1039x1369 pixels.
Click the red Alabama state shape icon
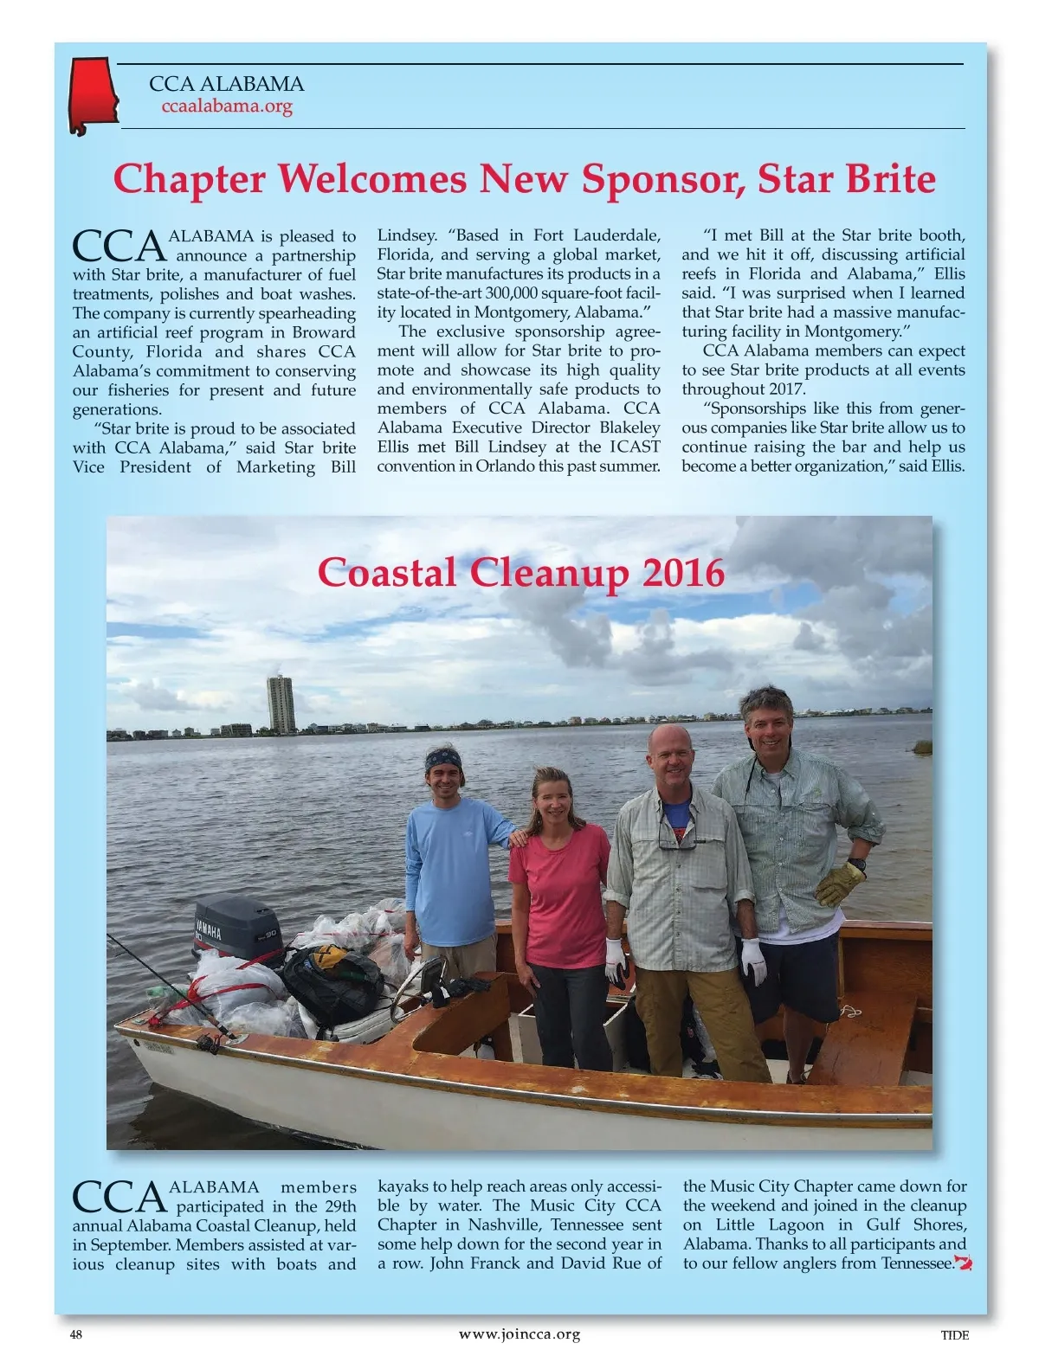click(x=92, y=93)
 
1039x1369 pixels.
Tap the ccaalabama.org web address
click(x=227, y=106)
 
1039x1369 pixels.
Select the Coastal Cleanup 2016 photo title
click(x=520, y=572)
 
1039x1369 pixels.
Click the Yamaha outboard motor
click(x=236, y=927)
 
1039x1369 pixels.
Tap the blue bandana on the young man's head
click(x=442, y=761)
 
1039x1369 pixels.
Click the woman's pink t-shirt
click(x=560, y=892)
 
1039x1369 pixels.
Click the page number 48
click(x=76, y=1334)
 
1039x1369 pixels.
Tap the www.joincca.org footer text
click(x=519, y=1334)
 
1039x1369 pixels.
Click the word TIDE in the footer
click(x=954, y=1334)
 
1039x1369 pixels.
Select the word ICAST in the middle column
click(x=635, y=447)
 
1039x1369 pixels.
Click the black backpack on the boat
click(x=333, y=981)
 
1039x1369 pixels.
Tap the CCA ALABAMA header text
click(x=226, y=84)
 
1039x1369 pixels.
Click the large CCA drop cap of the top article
click(x=119, y=247)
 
